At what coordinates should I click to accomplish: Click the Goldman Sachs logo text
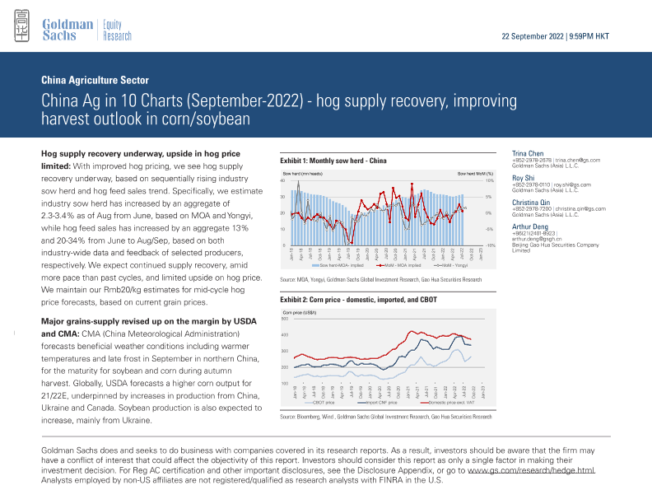click(68, 30)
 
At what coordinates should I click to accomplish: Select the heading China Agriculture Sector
click(95, 81)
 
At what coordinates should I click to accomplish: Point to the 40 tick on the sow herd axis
click(283, 181)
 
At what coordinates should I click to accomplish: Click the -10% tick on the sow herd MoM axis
click(489, 245)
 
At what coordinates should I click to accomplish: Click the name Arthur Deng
click(530, 226)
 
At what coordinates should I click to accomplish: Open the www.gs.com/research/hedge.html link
click(543, 472)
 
